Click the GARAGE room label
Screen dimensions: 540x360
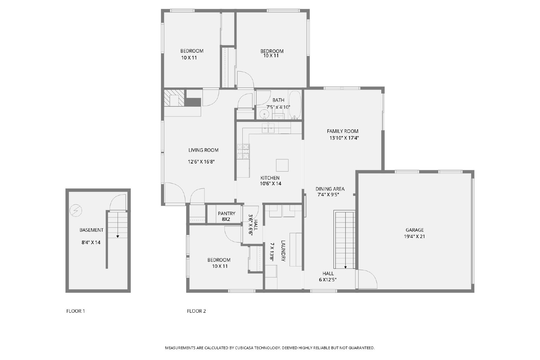415,230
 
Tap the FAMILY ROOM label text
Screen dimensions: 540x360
343,131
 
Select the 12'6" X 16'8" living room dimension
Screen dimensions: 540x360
201,162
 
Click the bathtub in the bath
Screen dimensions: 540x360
295,105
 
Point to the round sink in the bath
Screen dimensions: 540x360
265,114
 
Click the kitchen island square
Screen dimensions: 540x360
282,165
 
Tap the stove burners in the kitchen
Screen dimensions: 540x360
243,151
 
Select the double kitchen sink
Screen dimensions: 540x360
268,128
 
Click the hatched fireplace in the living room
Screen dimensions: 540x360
174,98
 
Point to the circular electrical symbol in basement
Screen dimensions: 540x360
76,211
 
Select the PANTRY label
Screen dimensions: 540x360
226,213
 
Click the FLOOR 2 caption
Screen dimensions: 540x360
196,311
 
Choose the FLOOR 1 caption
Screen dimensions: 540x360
76,311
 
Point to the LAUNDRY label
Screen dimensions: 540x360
283,251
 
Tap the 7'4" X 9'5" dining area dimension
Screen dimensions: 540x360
328,195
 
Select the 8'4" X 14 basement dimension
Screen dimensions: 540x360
91,242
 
